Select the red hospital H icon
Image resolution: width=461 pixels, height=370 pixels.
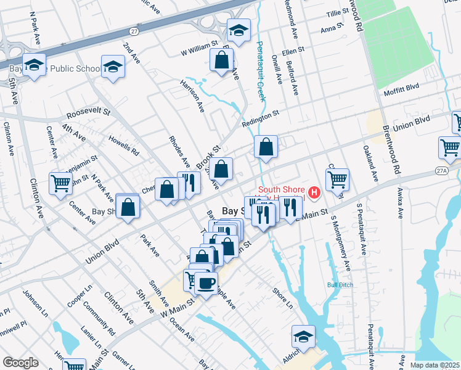(x=315, y=193)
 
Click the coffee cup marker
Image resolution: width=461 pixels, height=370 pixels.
(x=207, y=283)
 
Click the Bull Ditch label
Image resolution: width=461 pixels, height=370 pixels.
(x=340, y=285)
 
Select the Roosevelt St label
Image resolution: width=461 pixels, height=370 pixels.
(x=88, y=114)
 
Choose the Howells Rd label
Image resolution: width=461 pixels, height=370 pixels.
(x=123, y=146)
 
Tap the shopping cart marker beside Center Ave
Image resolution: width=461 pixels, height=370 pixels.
(x=61, y=183)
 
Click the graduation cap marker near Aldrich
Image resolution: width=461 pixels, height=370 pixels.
(x=304, y=337)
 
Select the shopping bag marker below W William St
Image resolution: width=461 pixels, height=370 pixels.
(x=221, y=61)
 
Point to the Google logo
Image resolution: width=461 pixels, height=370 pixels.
(x=20, y=363)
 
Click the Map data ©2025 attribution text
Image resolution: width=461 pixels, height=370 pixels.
(x=434, y=365)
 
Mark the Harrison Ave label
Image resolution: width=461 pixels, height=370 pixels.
(x=192, y=95)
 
